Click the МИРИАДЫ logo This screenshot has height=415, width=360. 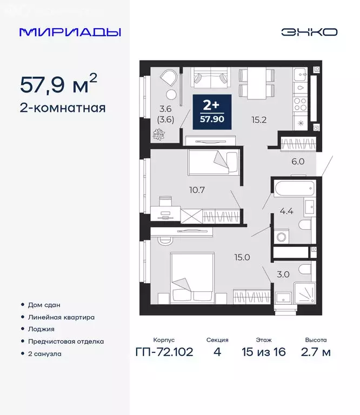tap(70, 32)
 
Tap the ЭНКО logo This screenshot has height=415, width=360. tap(309, 32)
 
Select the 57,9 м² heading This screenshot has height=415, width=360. tap(59, 84)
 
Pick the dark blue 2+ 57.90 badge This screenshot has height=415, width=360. tap(212, 111)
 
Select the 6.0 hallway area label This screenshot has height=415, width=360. tap(298, 161)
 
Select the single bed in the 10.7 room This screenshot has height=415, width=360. tap(213, 162)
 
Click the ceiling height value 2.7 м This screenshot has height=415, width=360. tap(315, 353)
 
